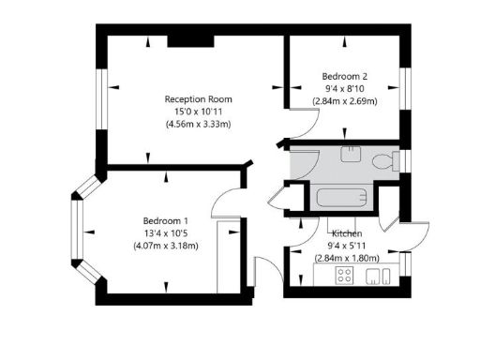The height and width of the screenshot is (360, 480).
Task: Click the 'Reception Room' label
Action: (x=198, y=99)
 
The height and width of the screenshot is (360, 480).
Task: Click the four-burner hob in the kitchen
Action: (x=344, y=275)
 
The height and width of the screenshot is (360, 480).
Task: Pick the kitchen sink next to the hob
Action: (x=378, y=275)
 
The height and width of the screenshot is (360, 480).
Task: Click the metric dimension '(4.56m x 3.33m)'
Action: (x=198, y=124)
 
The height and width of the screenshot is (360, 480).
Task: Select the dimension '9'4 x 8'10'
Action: (x=344, y=88)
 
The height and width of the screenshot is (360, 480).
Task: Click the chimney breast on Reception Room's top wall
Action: (x=180, y=40)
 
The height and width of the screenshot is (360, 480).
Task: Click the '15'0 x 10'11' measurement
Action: (x=198, y=112)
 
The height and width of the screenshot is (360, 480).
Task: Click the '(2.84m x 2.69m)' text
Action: (x=344, y=100)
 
